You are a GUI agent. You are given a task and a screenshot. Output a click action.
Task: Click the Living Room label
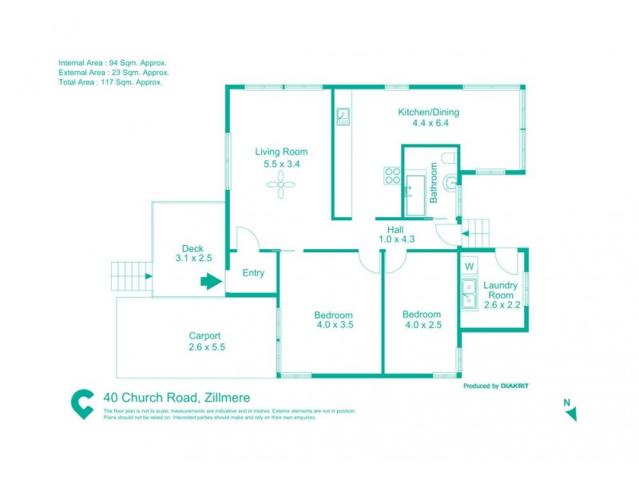coord(281,152)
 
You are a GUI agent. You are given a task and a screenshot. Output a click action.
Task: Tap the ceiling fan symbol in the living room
coord(281,188)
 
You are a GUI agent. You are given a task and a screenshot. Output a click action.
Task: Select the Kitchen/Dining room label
coord(429,113)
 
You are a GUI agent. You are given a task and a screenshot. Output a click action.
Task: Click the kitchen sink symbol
coord(343,117)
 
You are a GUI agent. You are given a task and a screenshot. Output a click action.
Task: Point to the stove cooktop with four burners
coord(392,176)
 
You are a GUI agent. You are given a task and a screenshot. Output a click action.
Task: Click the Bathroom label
coord(434,183)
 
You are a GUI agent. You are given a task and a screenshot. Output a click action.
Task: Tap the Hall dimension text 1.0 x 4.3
coord(395,238)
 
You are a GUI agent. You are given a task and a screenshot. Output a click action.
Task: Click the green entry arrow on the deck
coord(211,281)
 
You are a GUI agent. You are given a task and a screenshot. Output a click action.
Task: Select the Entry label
coord(253,273)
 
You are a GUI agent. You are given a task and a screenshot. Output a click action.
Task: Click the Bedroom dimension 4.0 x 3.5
coord(334,325)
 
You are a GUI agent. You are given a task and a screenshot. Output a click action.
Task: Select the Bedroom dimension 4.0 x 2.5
coord(421,325)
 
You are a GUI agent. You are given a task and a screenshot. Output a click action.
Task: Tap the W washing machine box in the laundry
coord(470,265)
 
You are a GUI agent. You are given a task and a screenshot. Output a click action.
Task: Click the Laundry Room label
coord(501,290)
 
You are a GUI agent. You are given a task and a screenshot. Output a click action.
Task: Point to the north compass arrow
coord(570,412)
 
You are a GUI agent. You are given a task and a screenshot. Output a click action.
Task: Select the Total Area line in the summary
coord(110,82)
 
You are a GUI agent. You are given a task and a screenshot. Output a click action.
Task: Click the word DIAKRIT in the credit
coord(514,386)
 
